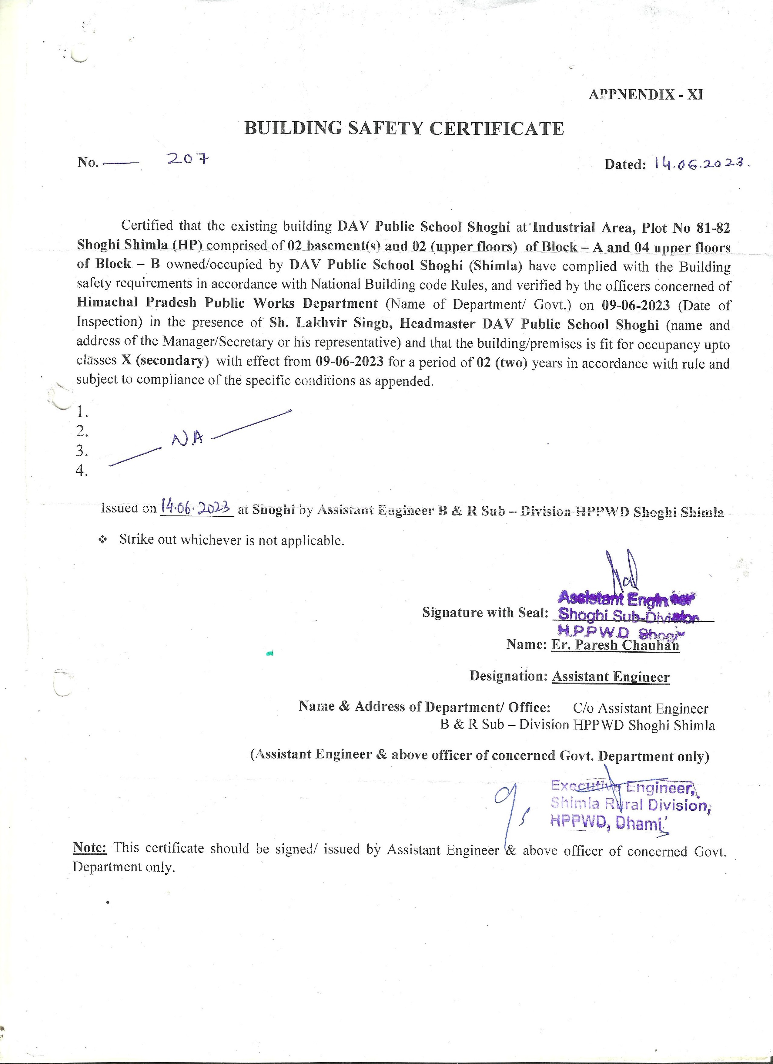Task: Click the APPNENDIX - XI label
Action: point(645,95)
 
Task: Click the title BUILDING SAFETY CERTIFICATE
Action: point(404,128)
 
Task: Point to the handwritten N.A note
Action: point(188,439)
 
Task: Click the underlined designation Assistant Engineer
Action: point(610,677)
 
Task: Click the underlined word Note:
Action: point(90,848)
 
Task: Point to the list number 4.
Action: point(82,471)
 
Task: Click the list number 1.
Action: point(82,412)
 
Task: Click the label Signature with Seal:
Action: point(485,612)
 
